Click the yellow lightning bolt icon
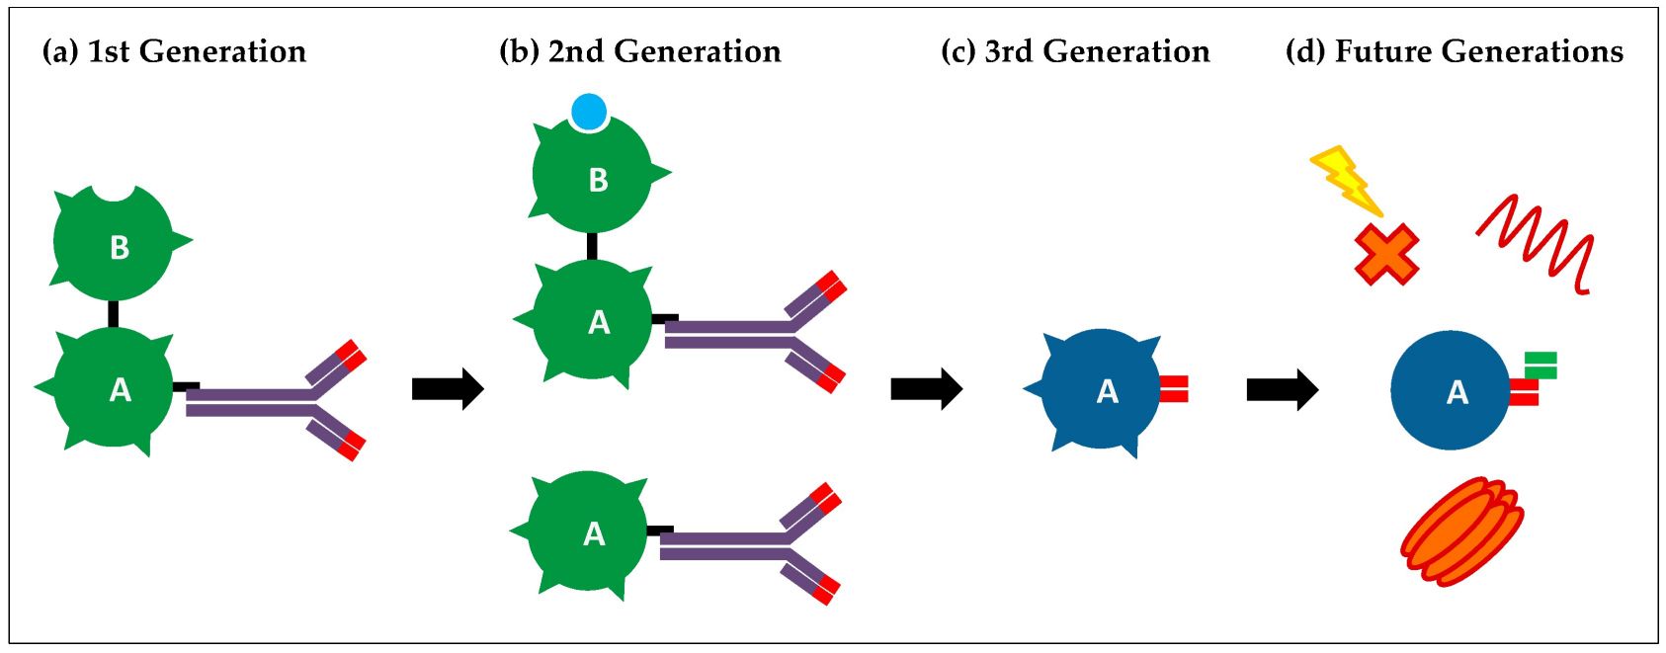pyautogui.click(x=1345, y=181)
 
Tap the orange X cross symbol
pyautogui.click(x=1386, y=254)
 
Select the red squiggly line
pyautogui.click(x=1538, y=243)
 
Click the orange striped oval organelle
pyautogui.click(x=1461, y=531)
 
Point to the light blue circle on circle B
pyautogui.click(x=589, y=112)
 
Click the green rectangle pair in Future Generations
pyautogui.click(x=1541, y=365)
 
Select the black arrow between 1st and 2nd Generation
pyautogui.click(x=447, y=388)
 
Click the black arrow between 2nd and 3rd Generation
pyautogui.click(x=926, y=388)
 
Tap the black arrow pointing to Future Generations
pyautogui.click(x=1282, y=390)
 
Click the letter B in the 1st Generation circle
pyautogui.click(x=120, y=247)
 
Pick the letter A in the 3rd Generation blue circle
pyautogui.click(x=1108, y=392)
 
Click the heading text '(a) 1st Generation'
pyautogui.click(x=174, y=51)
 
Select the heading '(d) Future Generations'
pyautogui.click(x=1454, y=51)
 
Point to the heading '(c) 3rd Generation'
pyautogui.click(x=1075, y=51)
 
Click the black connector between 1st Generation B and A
pyautogui.click(x=113, y=314)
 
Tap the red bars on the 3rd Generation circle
pyautogui.click(x=1173, y=389)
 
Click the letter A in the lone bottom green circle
pyautogui.click(x=594, y=534)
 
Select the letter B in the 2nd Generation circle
pyautogui.click(x=598, y=180)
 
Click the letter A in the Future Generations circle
pyautogui.click(x=1457, y=393)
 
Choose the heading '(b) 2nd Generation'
pyautogui.click(x=640, y=51)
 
